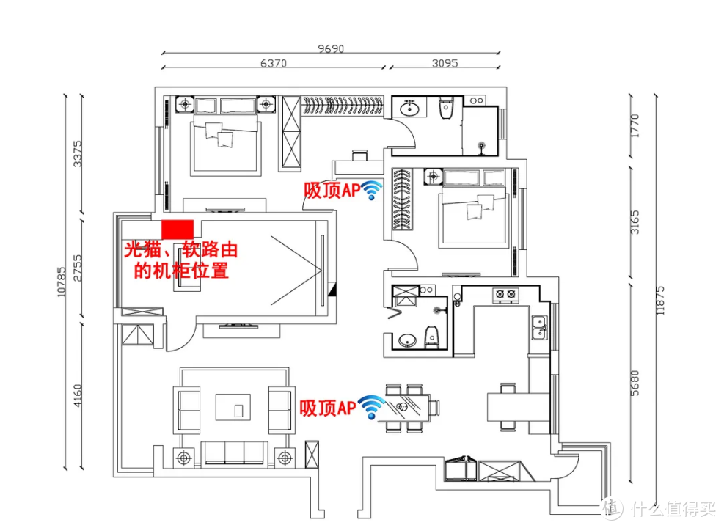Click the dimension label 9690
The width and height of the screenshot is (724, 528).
(331, 49)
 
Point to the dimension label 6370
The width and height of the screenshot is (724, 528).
(273, 63)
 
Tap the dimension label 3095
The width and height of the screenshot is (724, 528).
(445, 63)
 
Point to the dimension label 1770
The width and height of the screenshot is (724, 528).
(635, 125)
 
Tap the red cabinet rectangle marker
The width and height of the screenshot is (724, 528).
(178, 227)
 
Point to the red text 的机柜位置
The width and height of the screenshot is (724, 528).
(181, 271)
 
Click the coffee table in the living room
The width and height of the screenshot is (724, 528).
(236, 407)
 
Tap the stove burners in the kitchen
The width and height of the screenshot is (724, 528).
(504, 295)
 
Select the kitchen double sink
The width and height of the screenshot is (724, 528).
(539, 327)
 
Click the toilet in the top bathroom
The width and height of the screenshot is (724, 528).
(444, 110)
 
